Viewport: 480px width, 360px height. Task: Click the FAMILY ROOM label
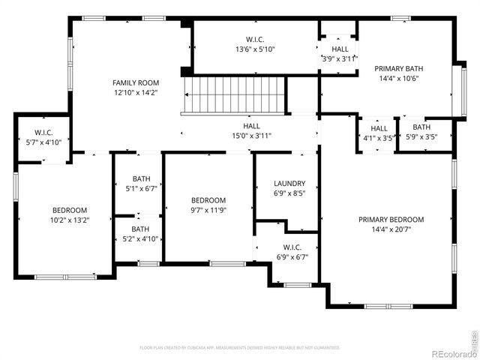[x=135, y=82]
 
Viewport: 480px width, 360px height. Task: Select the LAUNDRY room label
[x=289, y=183]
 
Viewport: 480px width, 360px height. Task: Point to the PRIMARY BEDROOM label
[x=391, y=220]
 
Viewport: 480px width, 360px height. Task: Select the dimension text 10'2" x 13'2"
[x=70, y=220]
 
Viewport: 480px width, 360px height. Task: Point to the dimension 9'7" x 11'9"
[x=208, y=210]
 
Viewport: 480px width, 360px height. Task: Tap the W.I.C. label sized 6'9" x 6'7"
[x=292, y=247]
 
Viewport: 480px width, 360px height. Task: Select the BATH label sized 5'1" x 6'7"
[x=141, y=178]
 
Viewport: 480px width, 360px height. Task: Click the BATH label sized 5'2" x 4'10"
[x=140, y=229]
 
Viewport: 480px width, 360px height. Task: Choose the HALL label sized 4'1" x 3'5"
[x=379, y=128]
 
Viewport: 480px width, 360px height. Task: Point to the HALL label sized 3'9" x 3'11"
[x=340, y=49]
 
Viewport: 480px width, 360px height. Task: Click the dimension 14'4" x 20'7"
[x=391, y=229]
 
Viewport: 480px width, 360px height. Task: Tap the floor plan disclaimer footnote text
[x=240, y=347]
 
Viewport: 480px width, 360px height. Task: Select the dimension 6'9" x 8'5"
[x=289, y=193]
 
